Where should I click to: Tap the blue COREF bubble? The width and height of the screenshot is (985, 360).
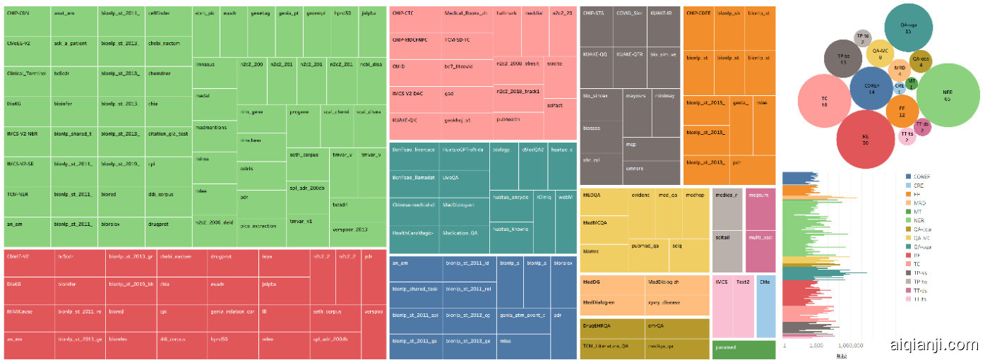coord(871,88)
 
